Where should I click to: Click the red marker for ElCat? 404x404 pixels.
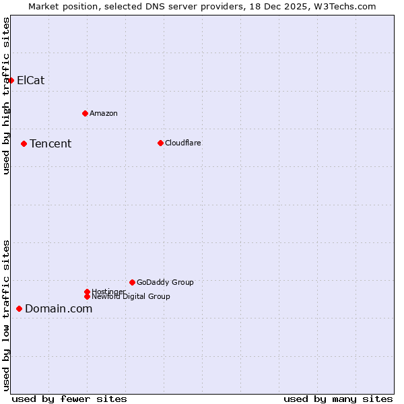(11, 80)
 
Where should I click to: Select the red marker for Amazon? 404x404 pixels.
(85, 113)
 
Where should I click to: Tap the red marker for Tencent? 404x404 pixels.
(24, 143)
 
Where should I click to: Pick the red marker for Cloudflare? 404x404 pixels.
(160, 143)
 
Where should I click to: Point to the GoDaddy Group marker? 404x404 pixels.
(132, 282)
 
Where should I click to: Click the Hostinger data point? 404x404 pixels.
(87, 292)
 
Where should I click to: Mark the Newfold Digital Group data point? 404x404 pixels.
(87, 296)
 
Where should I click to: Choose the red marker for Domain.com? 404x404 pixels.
(19, 308)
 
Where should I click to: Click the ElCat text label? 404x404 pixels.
(31, 80)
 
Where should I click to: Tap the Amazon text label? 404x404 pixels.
(104, 113)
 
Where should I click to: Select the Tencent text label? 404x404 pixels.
(50, 143)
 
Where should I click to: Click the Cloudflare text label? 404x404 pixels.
(183, 143)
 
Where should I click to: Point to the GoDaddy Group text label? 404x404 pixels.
(165, 282)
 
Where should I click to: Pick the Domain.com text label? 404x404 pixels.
(59, 308)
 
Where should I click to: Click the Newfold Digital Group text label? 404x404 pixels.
(131, 297)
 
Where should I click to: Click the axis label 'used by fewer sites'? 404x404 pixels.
(69, 399)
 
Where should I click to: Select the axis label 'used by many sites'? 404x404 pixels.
(338, 399)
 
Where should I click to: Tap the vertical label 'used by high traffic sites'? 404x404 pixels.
(6, 96)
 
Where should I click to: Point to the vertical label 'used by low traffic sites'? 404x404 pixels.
(6, 314)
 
